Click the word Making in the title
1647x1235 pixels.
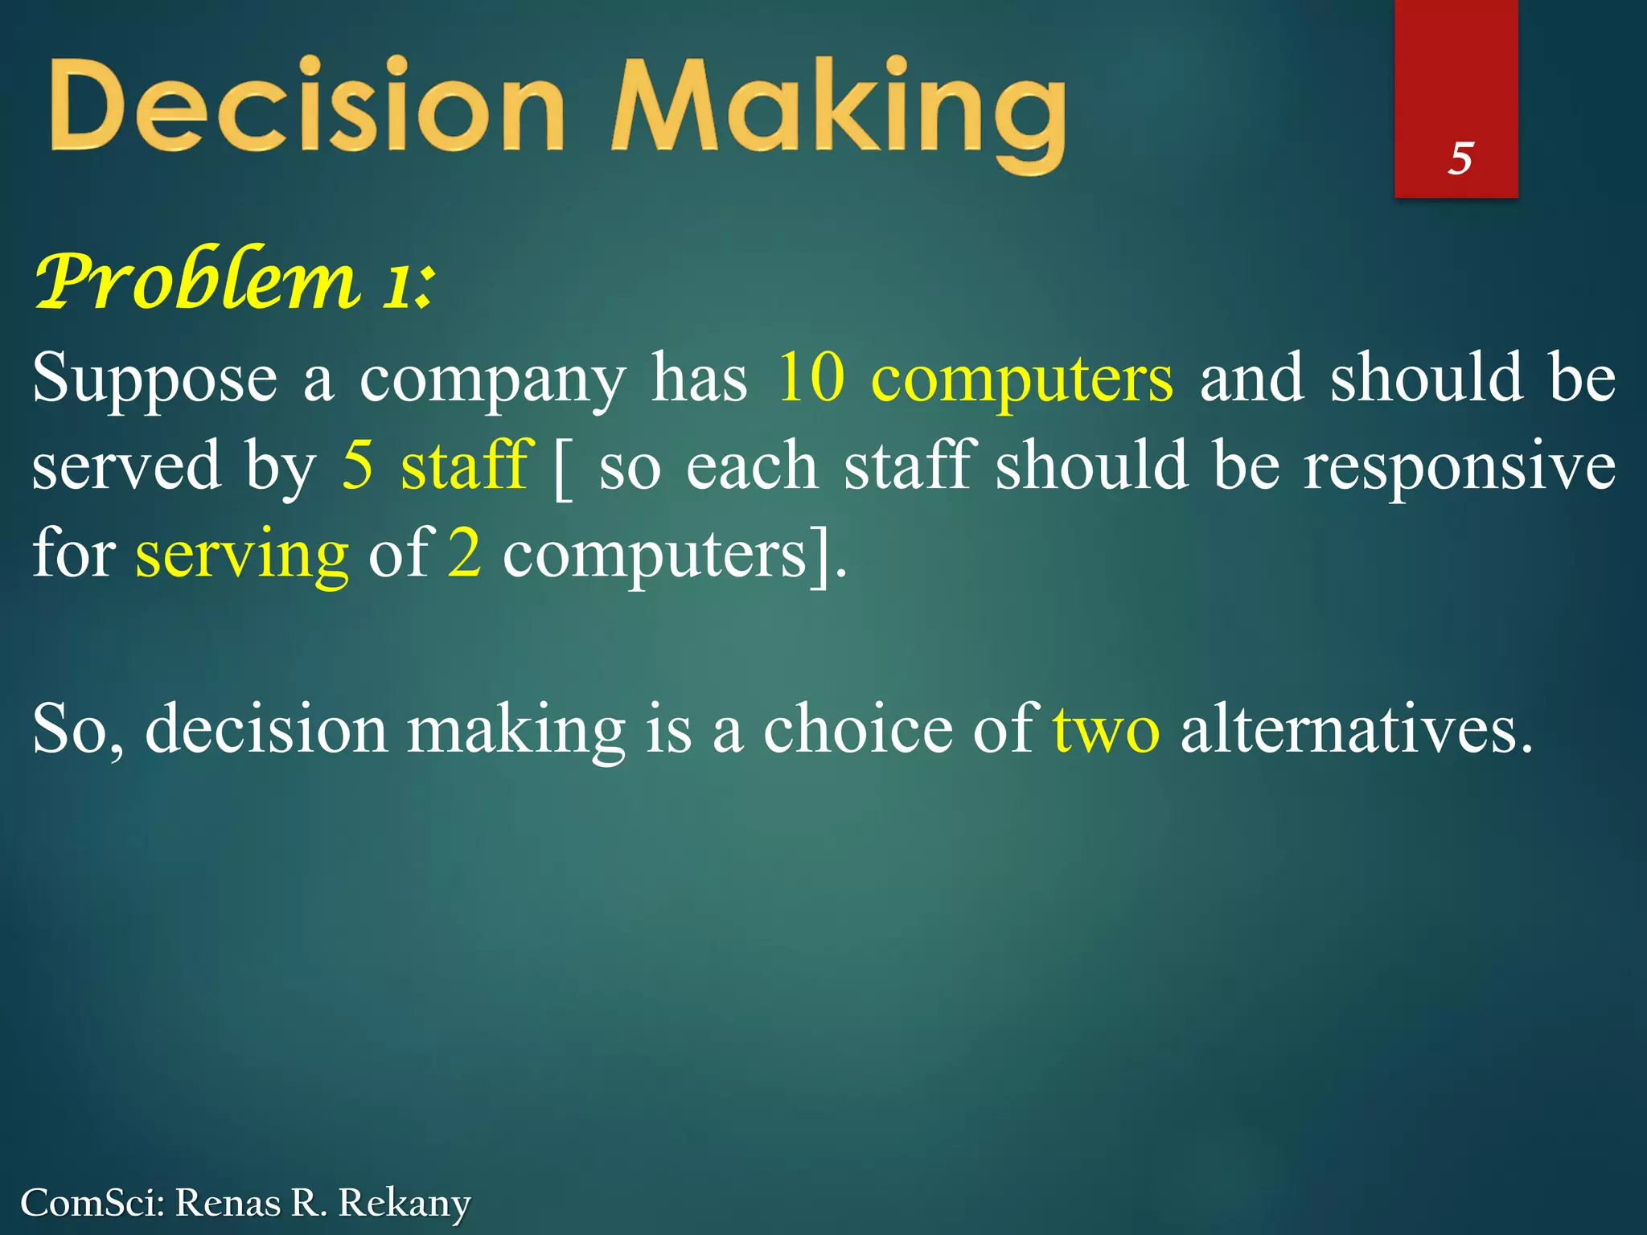pos(836,113)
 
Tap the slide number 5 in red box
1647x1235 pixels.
pos(1460,158)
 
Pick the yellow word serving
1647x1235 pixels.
pos(241,556)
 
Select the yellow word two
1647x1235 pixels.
pos(1106,730)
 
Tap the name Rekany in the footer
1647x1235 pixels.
pos(404,1203)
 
